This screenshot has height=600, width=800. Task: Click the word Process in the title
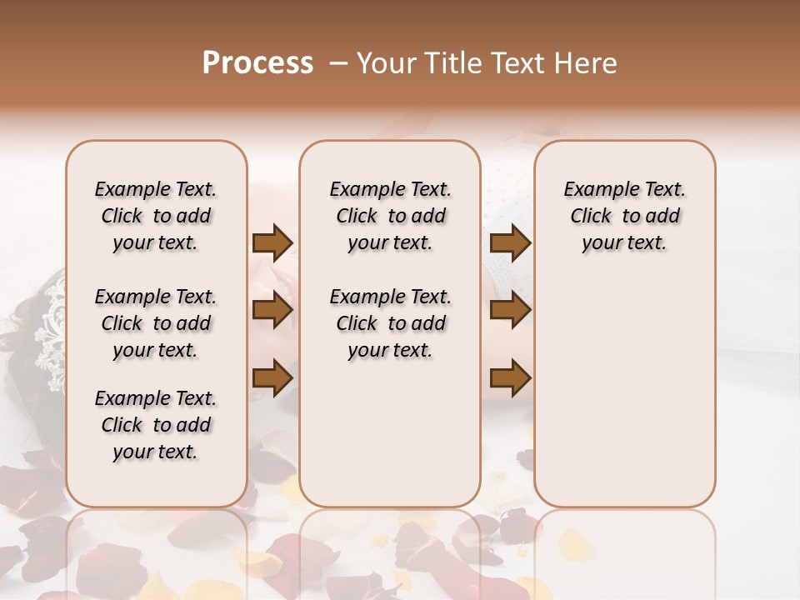257,63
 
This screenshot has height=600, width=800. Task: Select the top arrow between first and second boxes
272,243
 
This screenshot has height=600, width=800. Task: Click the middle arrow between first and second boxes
272,311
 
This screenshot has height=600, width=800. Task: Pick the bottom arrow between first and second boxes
272,377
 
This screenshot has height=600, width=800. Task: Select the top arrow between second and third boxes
510,243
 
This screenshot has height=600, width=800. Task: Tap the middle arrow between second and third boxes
510,311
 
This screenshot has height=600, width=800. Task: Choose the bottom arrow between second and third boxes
510,378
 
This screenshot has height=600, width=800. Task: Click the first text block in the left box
156,216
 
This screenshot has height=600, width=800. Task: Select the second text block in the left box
156,323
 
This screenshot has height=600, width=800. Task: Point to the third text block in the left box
156,425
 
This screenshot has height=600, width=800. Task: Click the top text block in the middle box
390,216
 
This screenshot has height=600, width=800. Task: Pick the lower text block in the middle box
390,323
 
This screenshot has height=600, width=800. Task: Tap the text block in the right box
625,216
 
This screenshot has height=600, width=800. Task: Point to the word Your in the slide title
385,63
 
